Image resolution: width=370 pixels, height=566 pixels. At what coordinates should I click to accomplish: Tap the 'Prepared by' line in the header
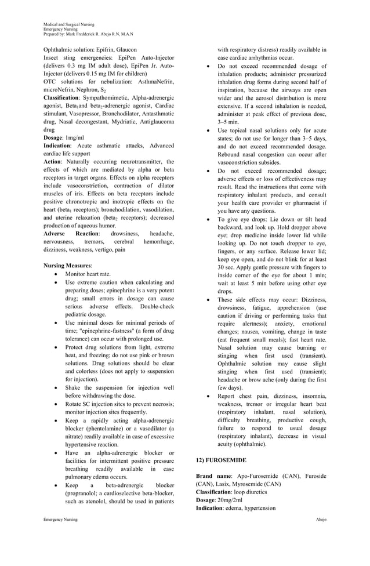88,34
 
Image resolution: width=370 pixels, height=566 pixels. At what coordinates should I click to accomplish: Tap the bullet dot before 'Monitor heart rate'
56,274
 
